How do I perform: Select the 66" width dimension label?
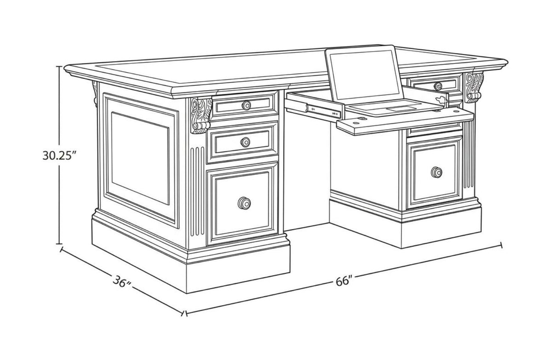[344, 281]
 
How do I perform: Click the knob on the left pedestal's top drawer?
[246, 105]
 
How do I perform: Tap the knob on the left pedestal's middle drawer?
[245, 142]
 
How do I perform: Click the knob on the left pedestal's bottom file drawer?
[244, 203]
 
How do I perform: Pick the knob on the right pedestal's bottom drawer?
[437, 172]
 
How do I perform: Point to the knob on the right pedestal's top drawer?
[438, 86]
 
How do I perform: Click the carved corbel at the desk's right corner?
[474, 87]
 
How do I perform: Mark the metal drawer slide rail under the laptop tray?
[323, 111]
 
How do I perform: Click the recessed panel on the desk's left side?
[140, 158]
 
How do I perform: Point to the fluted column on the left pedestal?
[197, 191]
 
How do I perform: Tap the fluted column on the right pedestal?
[468, 154]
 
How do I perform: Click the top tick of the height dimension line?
[59, 67]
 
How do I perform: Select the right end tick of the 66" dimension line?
[501, 245]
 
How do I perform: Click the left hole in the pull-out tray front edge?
[356, 122]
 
